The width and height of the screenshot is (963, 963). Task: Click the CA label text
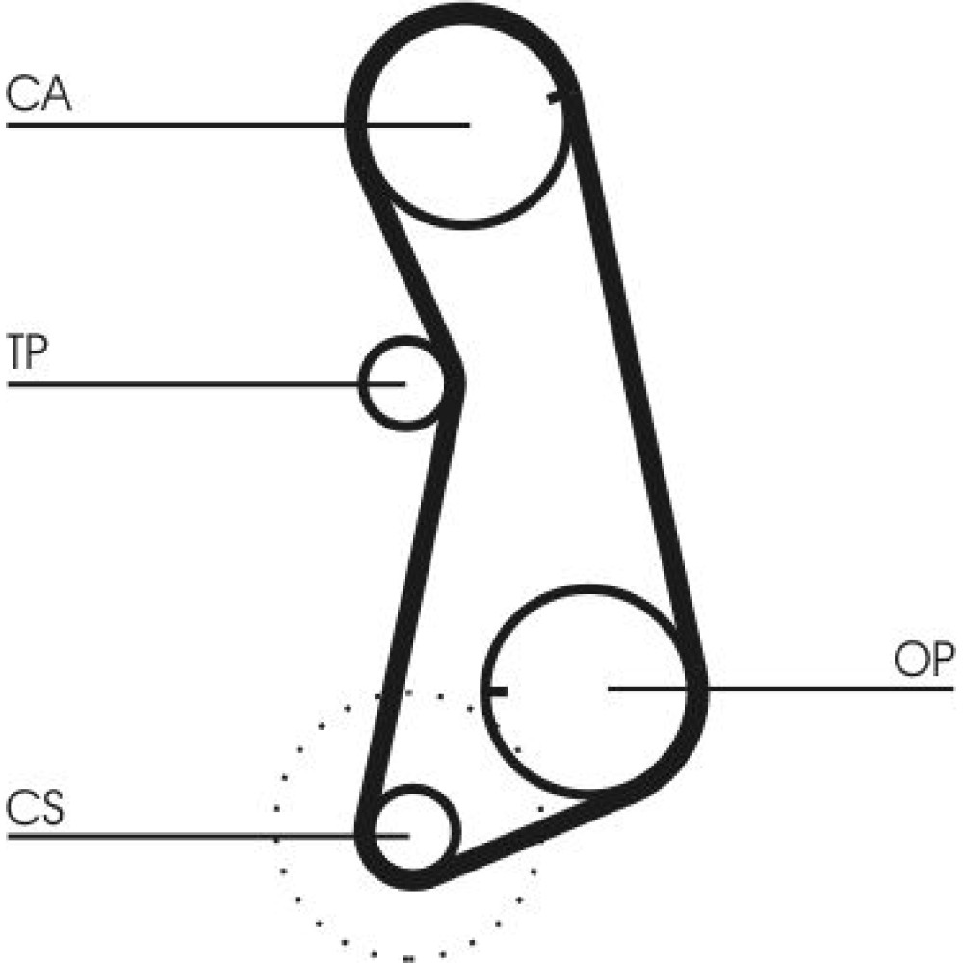39,95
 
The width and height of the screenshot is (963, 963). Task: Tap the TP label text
27,351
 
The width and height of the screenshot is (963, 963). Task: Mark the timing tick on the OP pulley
496,692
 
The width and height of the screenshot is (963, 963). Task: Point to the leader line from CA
238,125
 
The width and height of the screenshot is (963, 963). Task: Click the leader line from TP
206,384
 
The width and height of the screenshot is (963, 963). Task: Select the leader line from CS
208,836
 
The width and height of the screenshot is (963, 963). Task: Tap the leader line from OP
781,690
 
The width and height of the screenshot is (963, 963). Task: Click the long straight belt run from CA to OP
636,380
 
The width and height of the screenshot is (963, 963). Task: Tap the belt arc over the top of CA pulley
464,13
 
